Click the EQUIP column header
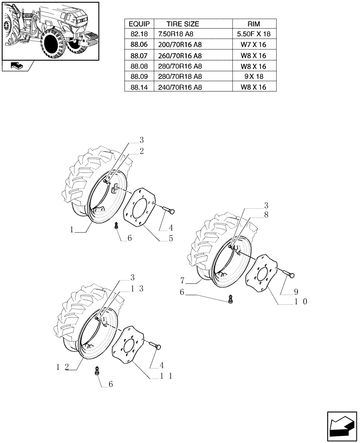point(139,24)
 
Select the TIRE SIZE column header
point(183,24)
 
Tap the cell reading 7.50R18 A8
point(176,34)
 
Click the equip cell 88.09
point(139,77)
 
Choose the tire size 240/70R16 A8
point(180,88)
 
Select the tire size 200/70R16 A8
point(180,45)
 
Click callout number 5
point(170,238)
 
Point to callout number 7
point(183,280)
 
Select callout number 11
point(166,376)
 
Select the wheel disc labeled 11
point(130,345)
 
